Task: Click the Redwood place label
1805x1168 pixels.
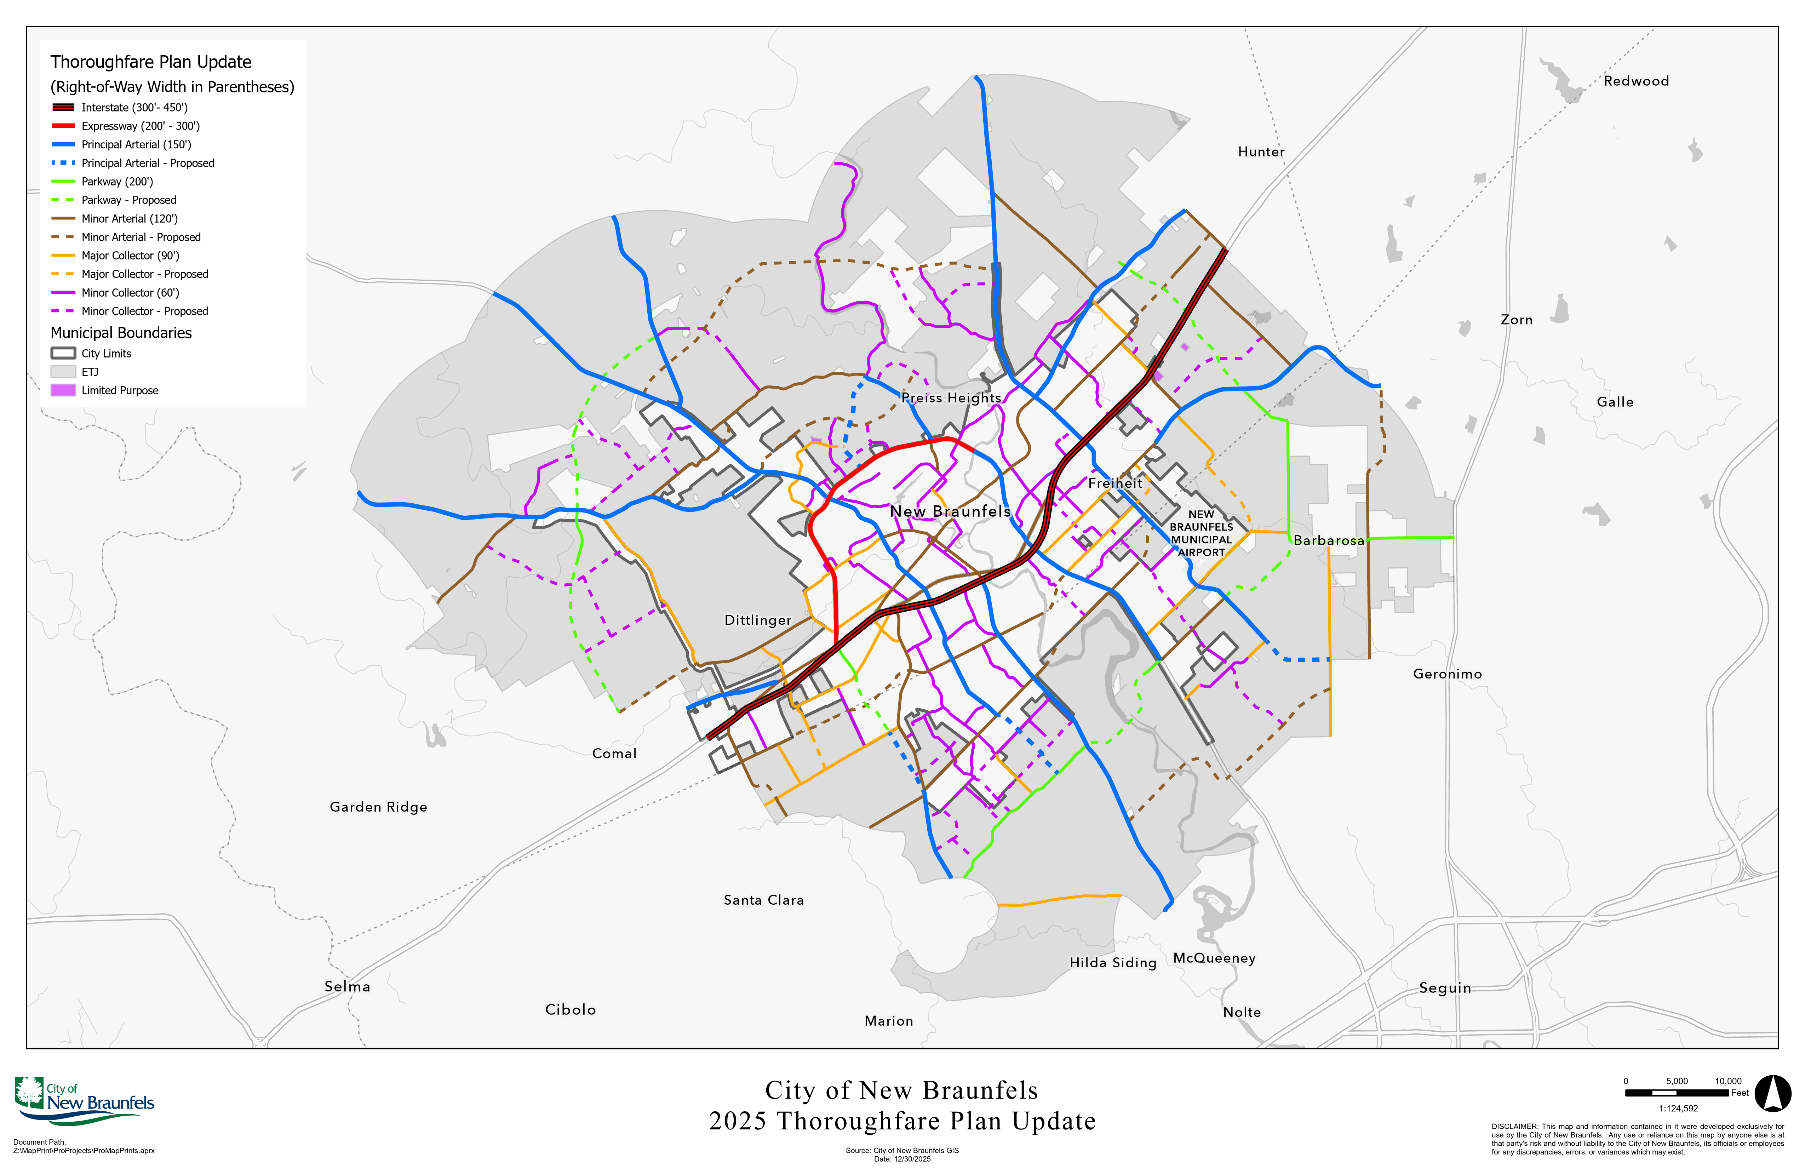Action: (x=1636, y=81)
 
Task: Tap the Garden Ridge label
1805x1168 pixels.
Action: (x=378, y=807)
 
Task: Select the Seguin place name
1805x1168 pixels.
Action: (x=1445, y=987)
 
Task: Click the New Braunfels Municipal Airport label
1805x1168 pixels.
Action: (x=1201, y=533)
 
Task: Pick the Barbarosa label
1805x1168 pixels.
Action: (x=1329, y=541)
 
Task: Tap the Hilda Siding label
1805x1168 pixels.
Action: (x=1113, y=962)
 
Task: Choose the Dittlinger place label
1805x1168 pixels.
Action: (x=758, y=620)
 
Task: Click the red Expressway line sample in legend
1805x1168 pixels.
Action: (x=63, y=126)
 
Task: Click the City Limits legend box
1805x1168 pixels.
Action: (x=63, y=354)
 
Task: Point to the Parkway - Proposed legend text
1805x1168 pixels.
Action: (x=129, y=200)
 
